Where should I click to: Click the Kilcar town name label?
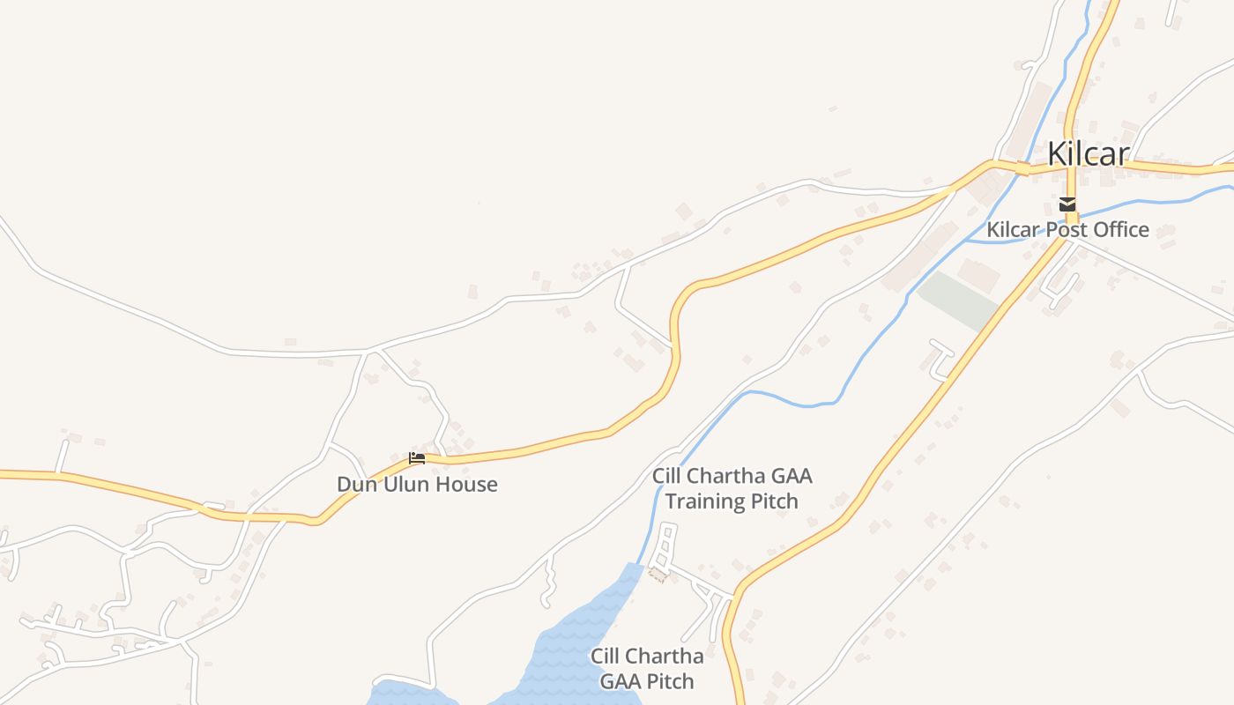pyautogui.click(x=1088, y=154)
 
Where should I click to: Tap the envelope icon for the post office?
pyautogui.click(x=1068, y=204)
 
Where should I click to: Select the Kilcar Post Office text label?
pyautogui.click(x=1067, y=230)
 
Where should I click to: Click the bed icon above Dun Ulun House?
pyautogui.click(x=417, y=458)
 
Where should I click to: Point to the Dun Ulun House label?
pyautogui.click(x=417, y=484)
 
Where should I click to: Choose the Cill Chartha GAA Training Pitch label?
pyautogui.click(x=732, y=489)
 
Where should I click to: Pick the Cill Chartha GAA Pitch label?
pyautogui.click(x=647, y=669)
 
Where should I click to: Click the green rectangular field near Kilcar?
pyautogui.click(x=958, y=301)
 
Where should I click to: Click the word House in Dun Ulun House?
pyautogui.click(x=466, y=484)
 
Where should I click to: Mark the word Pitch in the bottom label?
pyautogui.click(x=671, y=681)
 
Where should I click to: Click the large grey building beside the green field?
pyautogui.click(x=978, y=275)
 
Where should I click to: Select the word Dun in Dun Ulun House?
pyautogui.click(x=354, y=484)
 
